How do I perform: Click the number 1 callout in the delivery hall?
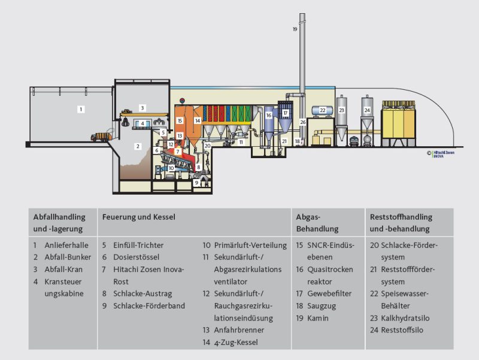point(81,109)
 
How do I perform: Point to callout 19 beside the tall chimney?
point(295,29)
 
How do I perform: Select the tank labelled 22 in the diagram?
point(322,111)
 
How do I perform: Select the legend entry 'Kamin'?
point(318,318)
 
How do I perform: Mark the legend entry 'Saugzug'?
point(323,305)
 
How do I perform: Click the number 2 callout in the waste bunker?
point(137,146)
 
